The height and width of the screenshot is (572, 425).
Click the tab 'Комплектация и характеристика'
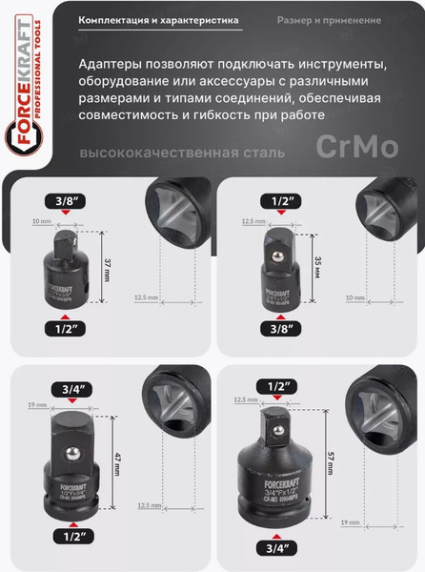[x=157, y=19]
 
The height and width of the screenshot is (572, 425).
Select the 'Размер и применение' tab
[x=330, y=19]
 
